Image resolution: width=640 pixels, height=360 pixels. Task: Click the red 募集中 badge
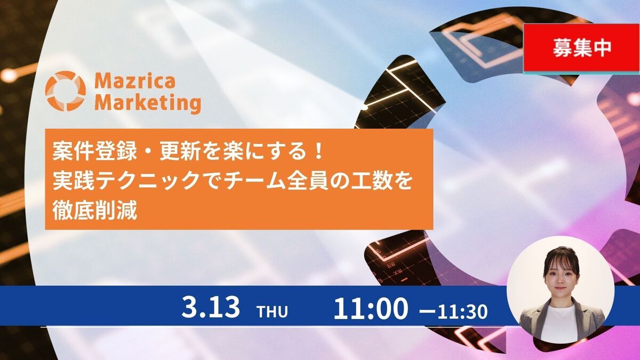[x=581, y=48]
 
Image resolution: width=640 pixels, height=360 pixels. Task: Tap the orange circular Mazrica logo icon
[x=66, y=91]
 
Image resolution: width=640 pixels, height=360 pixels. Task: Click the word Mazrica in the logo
[x=135, y=81]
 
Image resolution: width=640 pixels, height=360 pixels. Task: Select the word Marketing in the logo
[x=148, y=103]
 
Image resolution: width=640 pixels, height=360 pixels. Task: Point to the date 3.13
[x=211, y=308]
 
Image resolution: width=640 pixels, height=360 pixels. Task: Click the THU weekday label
[x=273, y=311]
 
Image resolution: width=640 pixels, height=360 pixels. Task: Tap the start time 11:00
[x=371, y=308]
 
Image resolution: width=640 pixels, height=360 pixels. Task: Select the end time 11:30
[x=462, y=311]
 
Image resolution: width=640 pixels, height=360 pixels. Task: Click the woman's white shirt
[x=558, y=323]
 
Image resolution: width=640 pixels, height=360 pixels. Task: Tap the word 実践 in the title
[x=74, y=181]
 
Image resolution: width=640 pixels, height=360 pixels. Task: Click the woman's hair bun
[x=561, y=251]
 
